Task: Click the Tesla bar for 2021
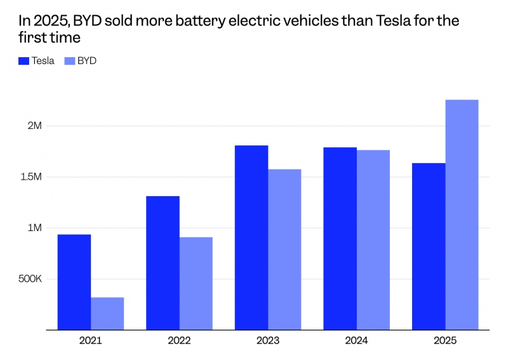tap(74, 282)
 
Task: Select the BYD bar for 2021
tap(107, 314)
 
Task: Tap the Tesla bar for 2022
tap(163, 263)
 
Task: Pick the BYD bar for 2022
tap(196, 283)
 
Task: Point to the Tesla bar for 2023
tap(251, 237)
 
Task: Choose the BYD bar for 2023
tap(284, 250)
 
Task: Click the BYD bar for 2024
tap(373, 240)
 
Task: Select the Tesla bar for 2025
tap(429, 246)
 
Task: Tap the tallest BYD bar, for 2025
tap(462, 215)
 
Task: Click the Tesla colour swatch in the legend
tap(24, 61)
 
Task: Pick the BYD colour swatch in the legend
tap(70, 61)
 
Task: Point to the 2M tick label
tap(34, 126)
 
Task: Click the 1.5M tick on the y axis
tap(30, 177)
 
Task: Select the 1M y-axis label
tap(34, 228)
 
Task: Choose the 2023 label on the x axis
tap(268, 340)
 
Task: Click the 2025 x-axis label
tap(445, 340)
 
